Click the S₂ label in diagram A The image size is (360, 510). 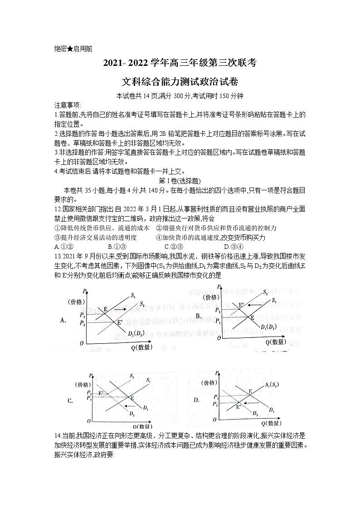click(x=142, y=304)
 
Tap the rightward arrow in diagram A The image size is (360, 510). click(x=119, y=309)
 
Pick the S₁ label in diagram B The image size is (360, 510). click(x=274, y=300)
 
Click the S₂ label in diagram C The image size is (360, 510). click(x=131, y=376)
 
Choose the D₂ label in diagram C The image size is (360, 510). click(x=131, y=414)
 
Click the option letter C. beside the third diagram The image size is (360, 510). click(x=70, y=401)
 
